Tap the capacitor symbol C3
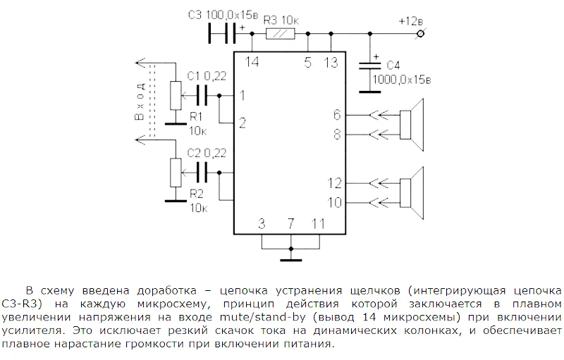[x=223, y=33]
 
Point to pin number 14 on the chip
[x=252, y=63]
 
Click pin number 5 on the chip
[x=307, y=63]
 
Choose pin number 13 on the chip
[x=330, y=63]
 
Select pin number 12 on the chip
[x=333, y=183]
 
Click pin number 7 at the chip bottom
[x=290, y=224]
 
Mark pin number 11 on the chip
[x=317, y=224]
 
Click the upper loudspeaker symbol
[x=413, y=123]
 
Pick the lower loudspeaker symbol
[x=413, y=192]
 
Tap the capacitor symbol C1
[x=202, y=95]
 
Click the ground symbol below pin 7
[x=290, y=257]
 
